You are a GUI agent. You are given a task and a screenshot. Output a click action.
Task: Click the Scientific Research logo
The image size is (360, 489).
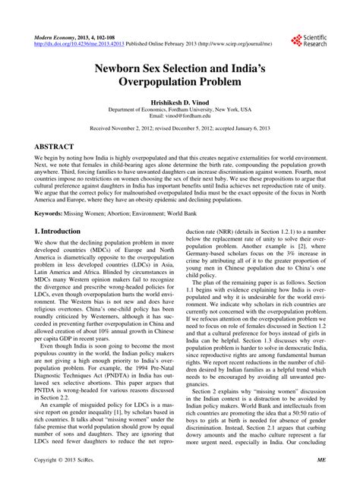(x=308, y=39)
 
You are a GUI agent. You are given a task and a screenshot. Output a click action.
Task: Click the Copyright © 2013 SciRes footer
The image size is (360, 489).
(x=68, y=481)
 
